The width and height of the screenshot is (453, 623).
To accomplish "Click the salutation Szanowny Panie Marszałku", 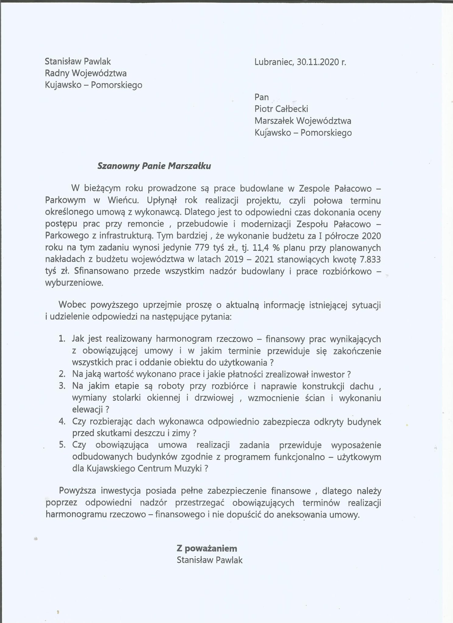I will click(154, 166).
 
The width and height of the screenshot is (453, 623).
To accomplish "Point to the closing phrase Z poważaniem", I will click(207, 548).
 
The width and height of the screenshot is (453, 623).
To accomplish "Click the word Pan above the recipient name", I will click(262, 97).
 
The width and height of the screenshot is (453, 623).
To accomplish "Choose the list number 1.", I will click(62, 339).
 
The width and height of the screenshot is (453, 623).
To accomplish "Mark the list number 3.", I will click(62, 386).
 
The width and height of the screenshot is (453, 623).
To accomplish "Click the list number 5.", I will click(62, 445).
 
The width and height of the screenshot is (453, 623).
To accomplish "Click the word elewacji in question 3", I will click(87, 410).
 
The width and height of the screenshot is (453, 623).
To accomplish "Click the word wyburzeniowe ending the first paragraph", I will click(74, 283).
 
